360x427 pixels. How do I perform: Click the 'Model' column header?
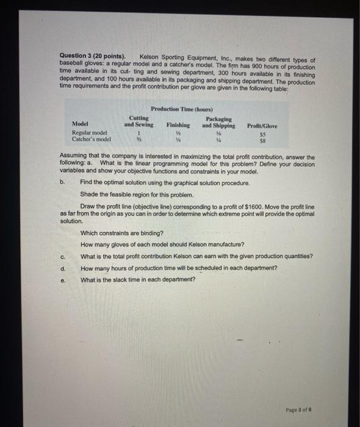81,126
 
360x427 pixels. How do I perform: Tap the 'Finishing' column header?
178,126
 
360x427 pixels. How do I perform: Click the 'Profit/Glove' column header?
262,126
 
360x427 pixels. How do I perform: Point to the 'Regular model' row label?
89,132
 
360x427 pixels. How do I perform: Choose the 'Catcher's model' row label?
92,138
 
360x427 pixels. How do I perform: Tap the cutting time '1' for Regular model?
140,132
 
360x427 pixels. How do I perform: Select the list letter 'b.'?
62,182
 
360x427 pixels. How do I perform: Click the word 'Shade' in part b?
89,194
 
